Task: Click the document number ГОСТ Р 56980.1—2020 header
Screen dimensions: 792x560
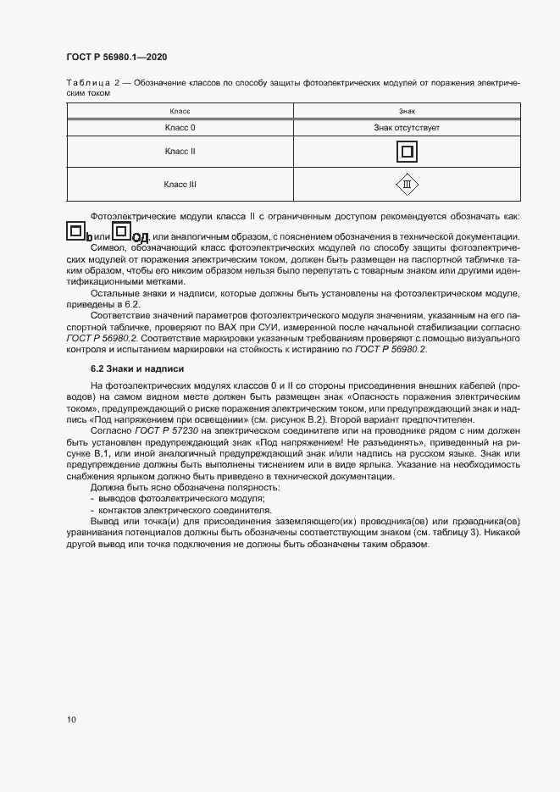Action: click(116, 57)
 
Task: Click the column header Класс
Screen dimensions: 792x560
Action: click(180, 111)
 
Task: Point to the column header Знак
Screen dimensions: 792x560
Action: click(407, 111)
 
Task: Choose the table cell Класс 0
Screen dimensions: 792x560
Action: click(180, 127)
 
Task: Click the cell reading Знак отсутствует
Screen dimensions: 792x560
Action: click(407, 127)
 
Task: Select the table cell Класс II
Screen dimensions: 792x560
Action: click(180, 151)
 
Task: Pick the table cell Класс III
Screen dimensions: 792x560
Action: click(180, 183)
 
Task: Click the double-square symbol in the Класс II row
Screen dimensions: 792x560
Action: click(407, 152)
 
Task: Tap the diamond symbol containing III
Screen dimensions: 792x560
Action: click(407, 184)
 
